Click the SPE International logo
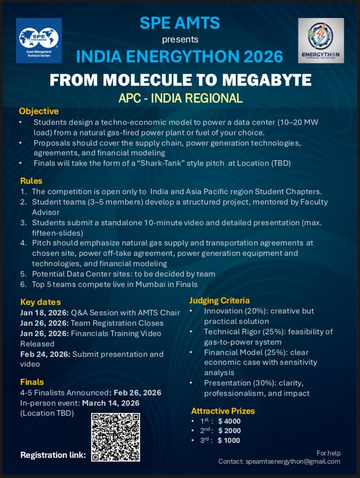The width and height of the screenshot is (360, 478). [x=39, y=41]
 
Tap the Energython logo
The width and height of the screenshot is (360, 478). [x=321, y=41]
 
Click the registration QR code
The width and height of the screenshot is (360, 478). [x=116, y=437]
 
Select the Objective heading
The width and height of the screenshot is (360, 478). [x=39, y=111]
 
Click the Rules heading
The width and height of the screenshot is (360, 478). [x=31, y=181]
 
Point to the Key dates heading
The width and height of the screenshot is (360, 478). [x=40, y=302]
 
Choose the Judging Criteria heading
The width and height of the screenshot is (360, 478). [x=219, y=300]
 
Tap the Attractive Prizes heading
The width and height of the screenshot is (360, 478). [x=223, y=411]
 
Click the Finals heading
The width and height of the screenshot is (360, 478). [x=32, y=382]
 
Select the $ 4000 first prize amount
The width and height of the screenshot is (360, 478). [x=229, y=421]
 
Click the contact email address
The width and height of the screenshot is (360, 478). [x=293, y=461]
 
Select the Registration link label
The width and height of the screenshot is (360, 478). [x=53, y=455]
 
